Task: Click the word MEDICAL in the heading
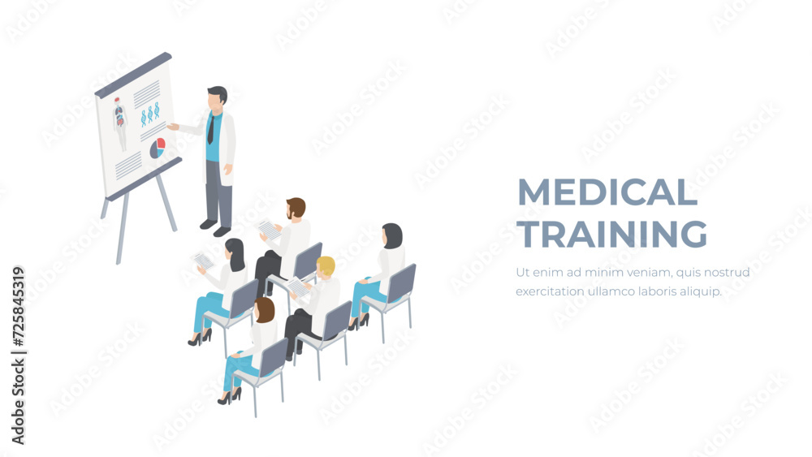point(607,192)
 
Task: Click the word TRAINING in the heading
point(613,234)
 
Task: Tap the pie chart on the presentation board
point(158,149)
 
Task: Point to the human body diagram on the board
point(119,123)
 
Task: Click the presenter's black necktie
point(211,130)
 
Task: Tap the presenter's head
point(217,98)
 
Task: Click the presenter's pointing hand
point(172,126)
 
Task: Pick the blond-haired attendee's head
point(326,267)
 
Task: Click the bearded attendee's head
point(296,209)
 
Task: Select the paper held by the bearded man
point(270,229)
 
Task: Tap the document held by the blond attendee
point(298,287)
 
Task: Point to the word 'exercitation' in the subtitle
point(550,291)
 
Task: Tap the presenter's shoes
point(215,228)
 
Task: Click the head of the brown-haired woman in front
point(265,310)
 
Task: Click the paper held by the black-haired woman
point(202,261)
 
